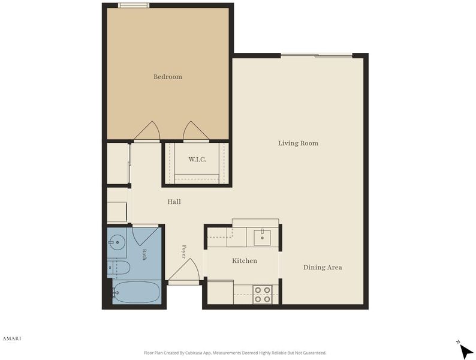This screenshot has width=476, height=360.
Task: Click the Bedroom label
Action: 168,77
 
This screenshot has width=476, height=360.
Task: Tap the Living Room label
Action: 298,143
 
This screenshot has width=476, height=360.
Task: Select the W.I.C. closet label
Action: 197,160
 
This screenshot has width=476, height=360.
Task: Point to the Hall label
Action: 174,202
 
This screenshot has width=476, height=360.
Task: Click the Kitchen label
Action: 245,260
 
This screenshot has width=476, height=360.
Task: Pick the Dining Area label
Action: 323,268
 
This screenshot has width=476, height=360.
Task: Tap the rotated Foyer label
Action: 183,251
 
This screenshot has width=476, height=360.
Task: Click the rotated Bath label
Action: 144,255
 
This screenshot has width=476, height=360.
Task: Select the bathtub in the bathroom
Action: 136,292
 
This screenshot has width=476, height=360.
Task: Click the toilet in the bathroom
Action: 119,268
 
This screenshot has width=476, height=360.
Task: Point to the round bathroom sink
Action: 117,242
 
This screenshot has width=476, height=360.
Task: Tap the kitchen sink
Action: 263,238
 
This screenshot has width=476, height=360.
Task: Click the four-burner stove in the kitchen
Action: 263,295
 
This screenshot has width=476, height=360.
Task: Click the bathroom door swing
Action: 145,235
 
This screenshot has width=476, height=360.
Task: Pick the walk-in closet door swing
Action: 196,131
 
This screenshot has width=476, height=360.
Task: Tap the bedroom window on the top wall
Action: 134,5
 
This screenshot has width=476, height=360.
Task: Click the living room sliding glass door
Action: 317,55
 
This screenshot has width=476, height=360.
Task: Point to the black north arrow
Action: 466,351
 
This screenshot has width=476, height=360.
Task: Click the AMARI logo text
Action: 12,339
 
